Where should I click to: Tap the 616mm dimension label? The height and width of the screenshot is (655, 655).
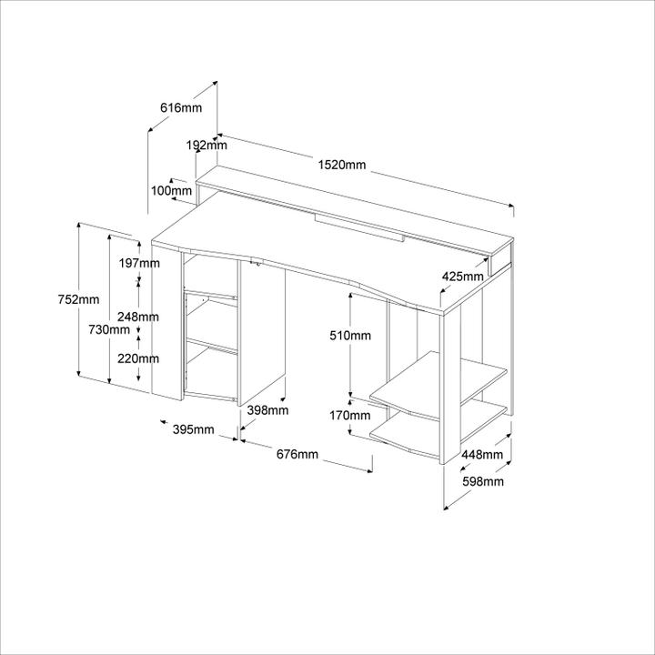tap(181, 107)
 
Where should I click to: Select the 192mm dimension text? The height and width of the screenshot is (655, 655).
tap(207, 145)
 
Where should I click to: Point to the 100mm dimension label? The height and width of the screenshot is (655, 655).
tap(171, 191)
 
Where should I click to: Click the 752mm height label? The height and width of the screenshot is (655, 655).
tap(78, 300)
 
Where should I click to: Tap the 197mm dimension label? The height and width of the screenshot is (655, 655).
tap(140, 263)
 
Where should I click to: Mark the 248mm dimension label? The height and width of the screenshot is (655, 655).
tap(139, 317)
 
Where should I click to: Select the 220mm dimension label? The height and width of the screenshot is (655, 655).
tap(139, 358)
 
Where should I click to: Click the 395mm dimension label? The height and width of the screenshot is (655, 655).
tap(194, 428)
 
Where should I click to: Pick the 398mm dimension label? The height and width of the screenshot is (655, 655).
tap(268, 410)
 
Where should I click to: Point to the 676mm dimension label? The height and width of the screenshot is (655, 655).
tap(297, 454)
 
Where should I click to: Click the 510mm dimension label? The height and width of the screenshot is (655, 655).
tap(350, 336)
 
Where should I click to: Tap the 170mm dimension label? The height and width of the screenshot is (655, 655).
tap(350, 416)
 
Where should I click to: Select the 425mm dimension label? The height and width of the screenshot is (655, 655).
tap(463, 276)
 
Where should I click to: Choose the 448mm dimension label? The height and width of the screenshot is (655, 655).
tap(482, 455)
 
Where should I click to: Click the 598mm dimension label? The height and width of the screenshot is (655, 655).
tap(482, 481)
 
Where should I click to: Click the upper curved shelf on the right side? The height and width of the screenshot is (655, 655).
tap(437, 387)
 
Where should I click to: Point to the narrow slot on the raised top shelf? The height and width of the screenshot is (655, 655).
tap(358, 227)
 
